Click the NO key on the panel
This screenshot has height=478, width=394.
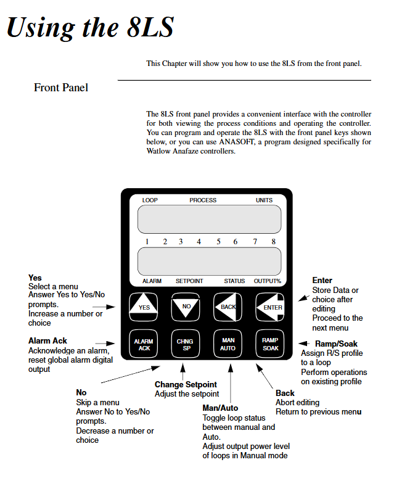[186, 306]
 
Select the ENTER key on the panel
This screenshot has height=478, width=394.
[271, 306]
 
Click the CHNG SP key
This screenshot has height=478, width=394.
[186, 344]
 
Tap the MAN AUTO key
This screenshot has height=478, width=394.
[228, 344]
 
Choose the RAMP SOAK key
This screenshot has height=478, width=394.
[271, 344]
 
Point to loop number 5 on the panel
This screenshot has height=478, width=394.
[218, 242]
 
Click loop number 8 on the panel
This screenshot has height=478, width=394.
[274, 242]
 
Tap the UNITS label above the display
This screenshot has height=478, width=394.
[264, 200]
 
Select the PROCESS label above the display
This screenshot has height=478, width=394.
[203, 200]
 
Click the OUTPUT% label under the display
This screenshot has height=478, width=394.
[268, 281]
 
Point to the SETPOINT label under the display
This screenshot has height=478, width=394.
[189, 281]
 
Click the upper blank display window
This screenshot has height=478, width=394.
[210, 218]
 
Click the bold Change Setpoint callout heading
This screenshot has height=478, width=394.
[186, 385]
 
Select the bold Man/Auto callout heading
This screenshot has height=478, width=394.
[220, 408]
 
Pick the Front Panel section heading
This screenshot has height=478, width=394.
[61, 88]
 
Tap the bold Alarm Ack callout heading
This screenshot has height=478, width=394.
[48, 341]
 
